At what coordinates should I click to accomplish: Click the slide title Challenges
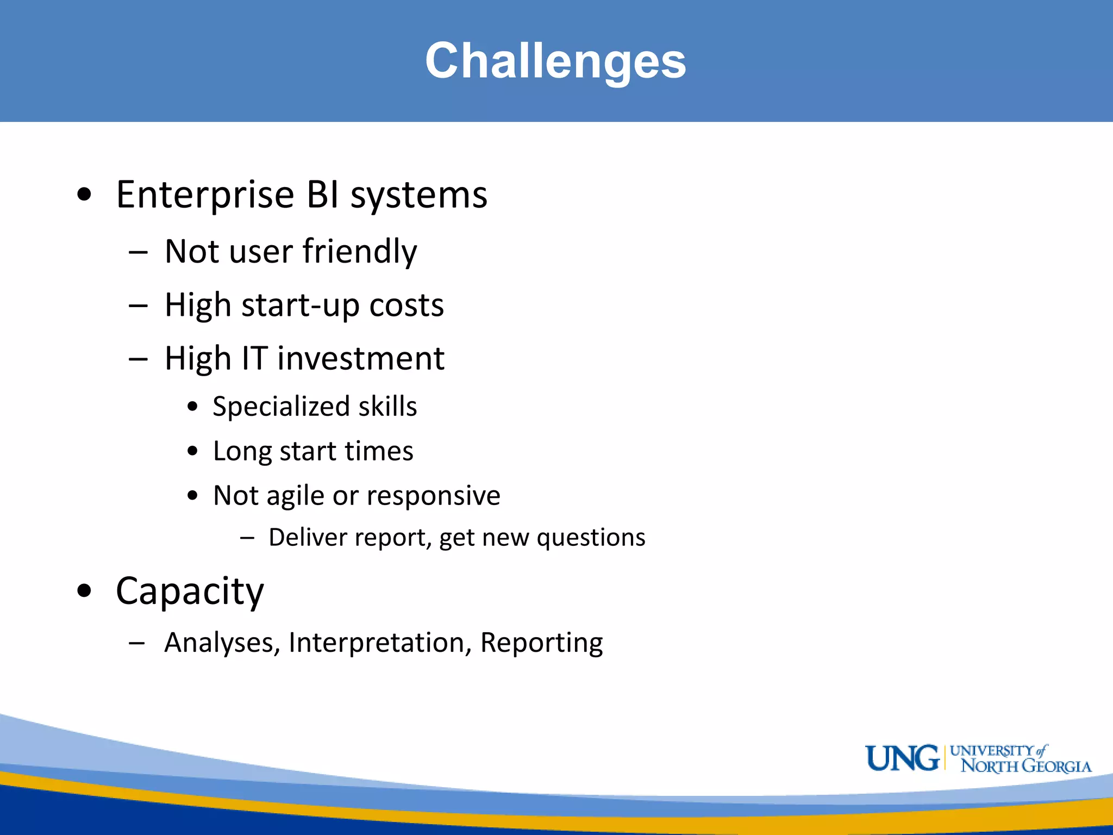click(x=555, y=61)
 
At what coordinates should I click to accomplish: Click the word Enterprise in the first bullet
click(x=205, y=195)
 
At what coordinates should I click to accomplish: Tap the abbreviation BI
click(x=323, y=195)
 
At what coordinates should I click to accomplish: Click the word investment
click(x=361, y=359)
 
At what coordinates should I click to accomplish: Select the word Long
click(x=242, y=452)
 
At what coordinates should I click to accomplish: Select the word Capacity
click(x=190, y=591)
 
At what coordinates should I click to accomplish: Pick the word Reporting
click(x=541, y=643)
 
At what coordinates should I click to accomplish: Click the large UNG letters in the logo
click(x=902, y=758)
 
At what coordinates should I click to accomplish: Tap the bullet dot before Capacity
click(x=84, y=590)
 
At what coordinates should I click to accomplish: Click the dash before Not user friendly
click(x=138, y=253)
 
